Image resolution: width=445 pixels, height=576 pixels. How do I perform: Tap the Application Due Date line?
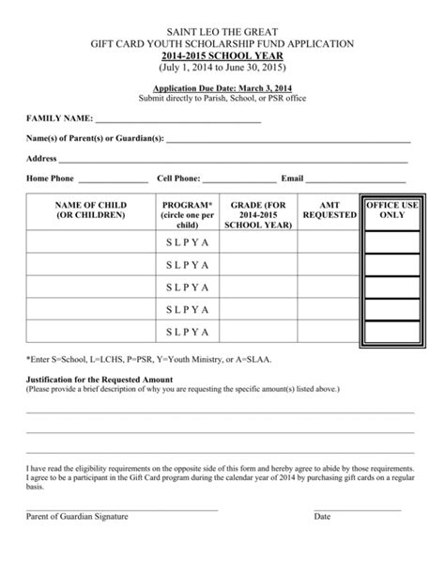coord(222,86)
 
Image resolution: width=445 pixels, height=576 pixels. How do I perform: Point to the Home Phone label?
coord(50,178)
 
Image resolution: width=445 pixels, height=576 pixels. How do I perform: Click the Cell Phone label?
coord(178,178)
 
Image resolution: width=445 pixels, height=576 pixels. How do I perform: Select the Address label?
coord(42,159)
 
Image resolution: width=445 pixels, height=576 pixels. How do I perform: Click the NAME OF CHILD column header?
coord(90,210)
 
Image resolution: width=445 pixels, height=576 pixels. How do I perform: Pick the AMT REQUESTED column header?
coord(330,210)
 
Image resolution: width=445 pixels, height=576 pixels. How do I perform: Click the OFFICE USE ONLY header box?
coord(391,210)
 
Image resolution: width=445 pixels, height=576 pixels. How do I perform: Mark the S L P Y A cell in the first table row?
coord(188,243)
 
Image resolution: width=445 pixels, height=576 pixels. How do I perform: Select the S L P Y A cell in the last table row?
coord(188,332)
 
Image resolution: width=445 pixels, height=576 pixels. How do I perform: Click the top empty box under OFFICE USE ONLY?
coord(391,243)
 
